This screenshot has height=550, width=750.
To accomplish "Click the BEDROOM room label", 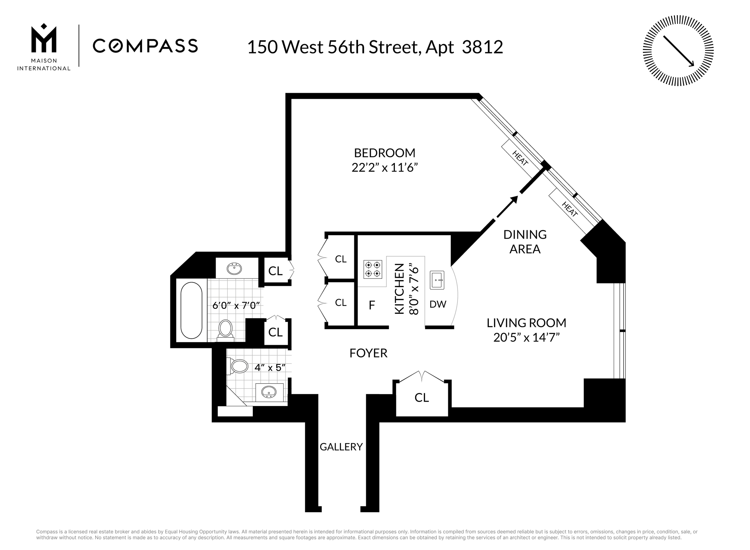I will [x=385, y=153].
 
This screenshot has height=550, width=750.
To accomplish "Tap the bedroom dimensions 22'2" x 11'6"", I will [x=385, y=167].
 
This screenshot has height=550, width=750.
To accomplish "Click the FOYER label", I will [x=368, y=353].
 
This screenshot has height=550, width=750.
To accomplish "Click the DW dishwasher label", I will [x=438, y=304].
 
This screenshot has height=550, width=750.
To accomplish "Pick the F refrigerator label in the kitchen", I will [x=372, y=305].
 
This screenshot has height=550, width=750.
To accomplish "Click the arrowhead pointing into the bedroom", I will [x=514, y=200].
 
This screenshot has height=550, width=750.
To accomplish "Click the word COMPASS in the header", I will [x=145, y=46].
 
